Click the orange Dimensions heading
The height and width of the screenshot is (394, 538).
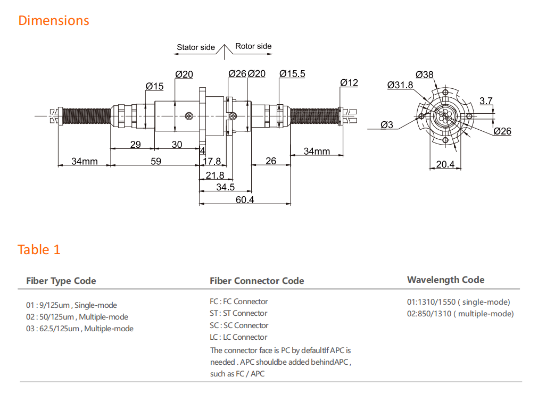[x=54, y=21]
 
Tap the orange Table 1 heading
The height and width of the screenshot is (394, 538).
[x=39, y=249]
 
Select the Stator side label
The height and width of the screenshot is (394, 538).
[x=195, y=47]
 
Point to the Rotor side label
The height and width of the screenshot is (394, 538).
[x=253, y=46]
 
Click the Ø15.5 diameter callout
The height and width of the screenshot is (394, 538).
[x=292, y=74]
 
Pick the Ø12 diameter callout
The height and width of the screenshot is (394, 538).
[x=349, y=82]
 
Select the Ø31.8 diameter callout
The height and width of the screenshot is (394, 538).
[x=400, y=85]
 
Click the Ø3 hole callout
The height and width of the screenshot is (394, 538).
[x=387, y=125]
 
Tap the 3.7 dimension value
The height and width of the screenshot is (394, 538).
[x=486, y=100]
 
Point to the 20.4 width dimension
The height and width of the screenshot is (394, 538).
[x=445, y=164]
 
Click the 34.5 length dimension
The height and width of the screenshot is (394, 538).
[x=225, y=187]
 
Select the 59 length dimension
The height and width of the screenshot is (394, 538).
[x=155, y=161]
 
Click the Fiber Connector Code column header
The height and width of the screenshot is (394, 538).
[x=257, y=281]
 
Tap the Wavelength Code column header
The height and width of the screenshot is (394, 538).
[x=445, y=280]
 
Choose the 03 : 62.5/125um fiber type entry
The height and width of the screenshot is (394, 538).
[x=80, y=329]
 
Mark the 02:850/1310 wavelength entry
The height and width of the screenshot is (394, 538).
[x=460, y=314]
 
